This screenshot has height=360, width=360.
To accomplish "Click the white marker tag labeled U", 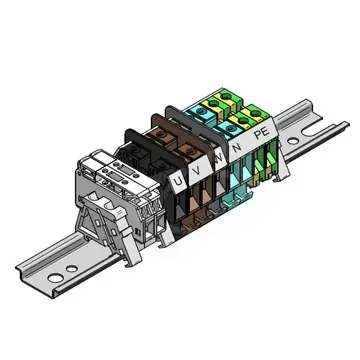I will [x=178, y=181].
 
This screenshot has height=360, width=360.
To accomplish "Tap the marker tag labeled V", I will [x=199, y=169].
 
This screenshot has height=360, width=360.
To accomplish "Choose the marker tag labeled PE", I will [x=262, y=132].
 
